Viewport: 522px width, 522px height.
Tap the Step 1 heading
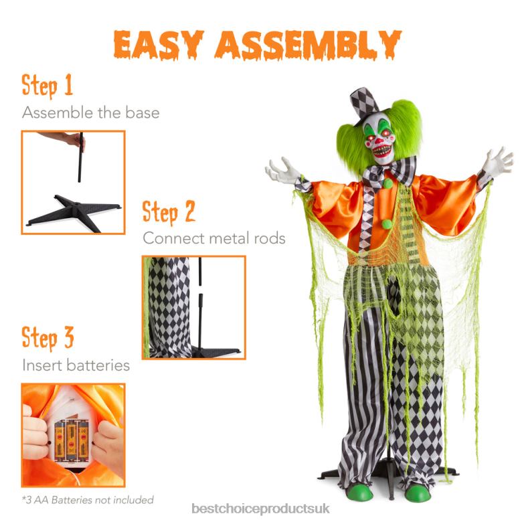tap(48, 86)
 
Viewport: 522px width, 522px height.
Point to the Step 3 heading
tap(48, 338)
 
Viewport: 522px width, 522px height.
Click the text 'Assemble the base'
tap(91, 112)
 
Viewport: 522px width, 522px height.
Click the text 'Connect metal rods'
tap(214, 238)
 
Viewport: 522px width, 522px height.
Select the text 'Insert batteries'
tap(76, 365)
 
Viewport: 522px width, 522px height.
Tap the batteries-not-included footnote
tap(88, 499)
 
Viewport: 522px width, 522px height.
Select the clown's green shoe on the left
tap(359, 492)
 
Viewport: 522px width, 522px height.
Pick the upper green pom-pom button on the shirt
tap(387, 183)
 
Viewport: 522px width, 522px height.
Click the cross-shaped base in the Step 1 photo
tap(74, 209)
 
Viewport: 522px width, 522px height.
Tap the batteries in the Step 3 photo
tap(72, 440)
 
